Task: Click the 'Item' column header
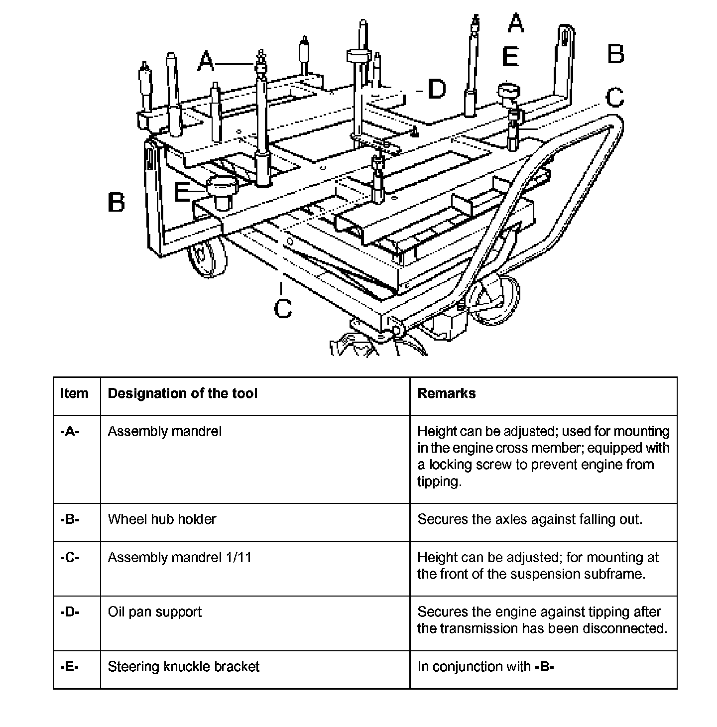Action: click(x=74, y=393)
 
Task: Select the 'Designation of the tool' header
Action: click(x=182, y=393)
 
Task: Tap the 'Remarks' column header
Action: click(x=446, y=393)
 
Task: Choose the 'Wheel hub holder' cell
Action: click(x=162, y=519)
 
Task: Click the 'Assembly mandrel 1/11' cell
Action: click(x=180, y=557)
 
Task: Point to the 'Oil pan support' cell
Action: click(x=155, y=612)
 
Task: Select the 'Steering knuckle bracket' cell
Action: click(x=183, y=667)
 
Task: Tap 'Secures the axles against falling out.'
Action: click(x=530, y=519)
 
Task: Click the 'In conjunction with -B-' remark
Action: click(x=485, y=667)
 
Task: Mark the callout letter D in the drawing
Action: click(x=436, y=89)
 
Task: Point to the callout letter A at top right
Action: click(x=515, y=23)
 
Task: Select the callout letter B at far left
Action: click(x=116, y=203)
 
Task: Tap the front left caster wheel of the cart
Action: click(x=207, y=256)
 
